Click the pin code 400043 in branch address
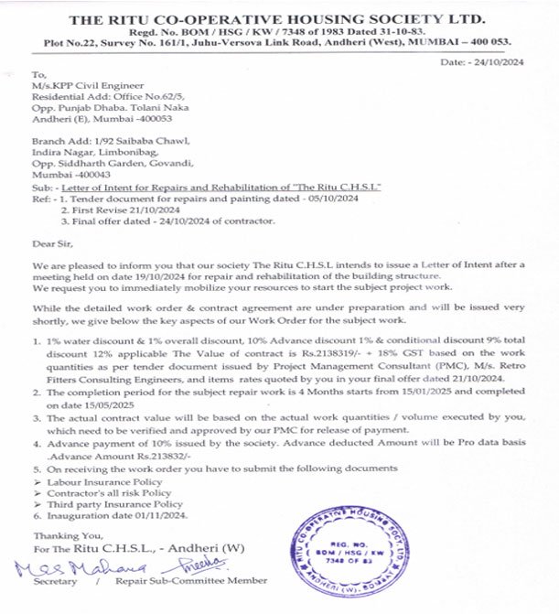91,173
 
